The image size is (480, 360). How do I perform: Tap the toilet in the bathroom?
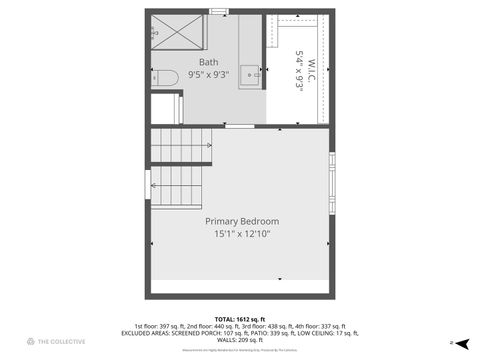pos(166,76)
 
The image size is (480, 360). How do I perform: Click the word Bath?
pos(208,62)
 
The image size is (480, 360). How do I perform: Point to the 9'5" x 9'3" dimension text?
pos(208,74)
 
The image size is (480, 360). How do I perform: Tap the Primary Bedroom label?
pos(242,221)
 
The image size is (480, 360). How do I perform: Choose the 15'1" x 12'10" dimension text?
pos(242,234)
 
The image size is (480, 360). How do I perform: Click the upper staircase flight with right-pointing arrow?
pos(181,145)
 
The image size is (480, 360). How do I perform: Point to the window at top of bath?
pos(218,11)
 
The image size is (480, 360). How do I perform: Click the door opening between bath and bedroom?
pos(239,126)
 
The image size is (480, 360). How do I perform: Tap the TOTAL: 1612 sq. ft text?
pos(240,319)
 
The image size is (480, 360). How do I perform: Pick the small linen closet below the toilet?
pos(166,107)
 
